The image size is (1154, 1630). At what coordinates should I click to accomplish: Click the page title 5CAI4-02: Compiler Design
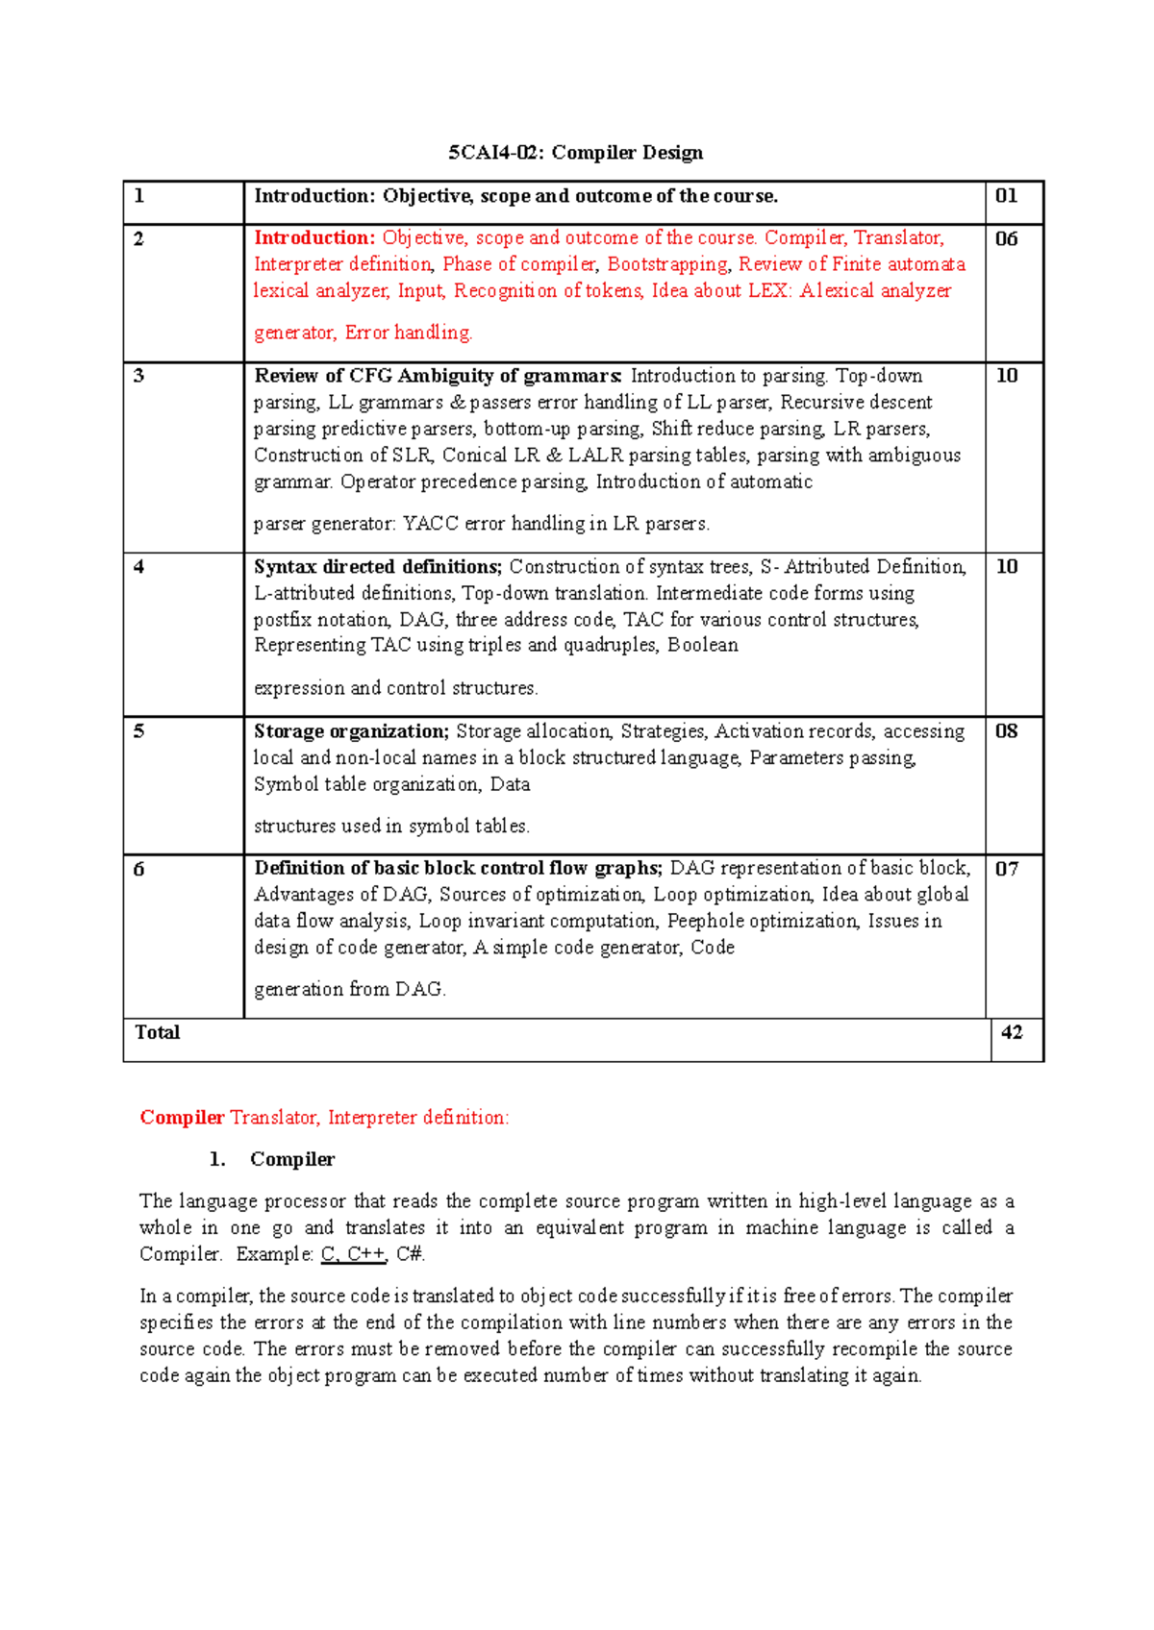[575, 153]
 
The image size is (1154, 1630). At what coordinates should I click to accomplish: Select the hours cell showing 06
[1006, 239]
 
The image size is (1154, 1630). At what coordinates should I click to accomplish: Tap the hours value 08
[1006, 731]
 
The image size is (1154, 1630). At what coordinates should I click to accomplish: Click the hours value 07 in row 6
[1006, 870]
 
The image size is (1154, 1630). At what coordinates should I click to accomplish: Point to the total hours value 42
[1012, 1033]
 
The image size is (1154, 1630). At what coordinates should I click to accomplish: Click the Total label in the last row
[157, 1033]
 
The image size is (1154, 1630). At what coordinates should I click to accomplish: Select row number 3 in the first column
[138, 376]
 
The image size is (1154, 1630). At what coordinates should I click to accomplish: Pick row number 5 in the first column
[138, 731]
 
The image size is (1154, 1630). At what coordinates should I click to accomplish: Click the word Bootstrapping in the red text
[667, 264]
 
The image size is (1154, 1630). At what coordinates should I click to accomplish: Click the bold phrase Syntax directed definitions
[377, 567]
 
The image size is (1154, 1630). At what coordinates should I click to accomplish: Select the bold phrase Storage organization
[351, 731]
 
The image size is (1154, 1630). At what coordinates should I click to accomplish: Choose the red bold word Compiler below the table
[182, 1118]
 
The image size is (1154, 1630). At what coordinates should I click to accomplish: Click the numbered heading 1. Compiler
[272, 1160]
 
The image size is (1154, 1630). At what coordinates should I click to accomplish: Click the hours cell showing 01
[1006, 196]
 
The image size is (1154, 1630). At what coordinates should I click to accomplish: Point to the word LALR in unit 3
[595, 456]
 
